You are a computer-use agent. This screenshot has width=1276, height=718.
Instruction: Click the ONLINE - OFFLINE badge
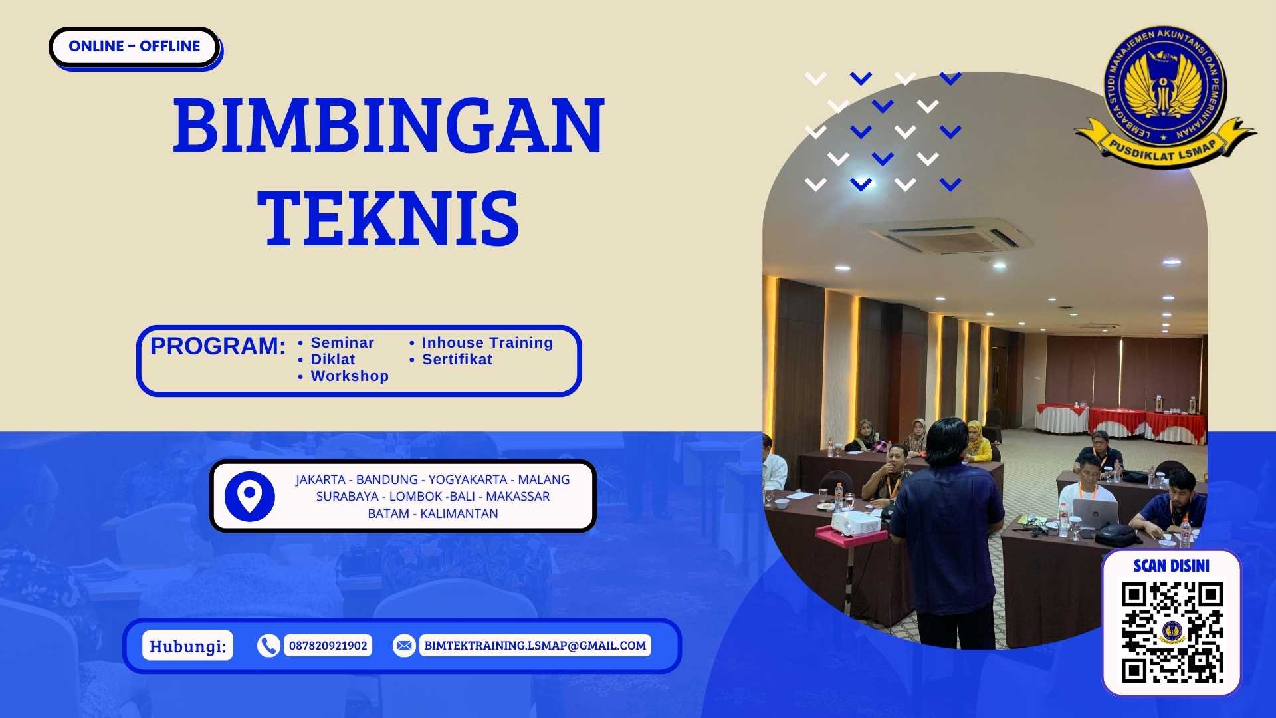click(x=134, y=47)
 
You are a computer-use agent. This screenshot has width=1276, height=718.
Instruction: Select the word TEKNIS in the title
click(x=389, y=218)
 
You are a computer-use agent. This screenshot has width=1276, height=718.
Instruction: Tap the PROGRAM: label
click(x=218, y=346)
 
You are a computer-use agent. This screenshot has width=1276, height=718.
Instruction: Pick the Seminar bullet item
click(x=342, y=343)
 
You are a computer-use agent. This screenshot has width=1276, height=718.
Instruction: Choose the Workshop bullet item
click(x=350, y=376)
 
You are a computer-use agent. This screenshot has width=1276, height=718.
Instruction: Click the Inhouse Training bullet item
click(x=487, y=343)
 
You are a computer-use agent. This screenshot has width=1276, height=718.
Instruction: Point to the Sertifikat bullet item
click(x=457, y=360)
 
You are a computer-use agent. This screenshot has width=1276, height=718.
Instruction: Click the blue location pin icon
click(x=249, y=496)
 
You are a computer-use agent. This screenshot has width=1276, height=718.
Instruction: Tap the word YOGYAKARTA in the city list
click(x=467, y=480)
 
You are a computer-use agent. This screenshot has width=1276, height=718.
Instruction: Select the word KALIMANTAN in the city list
click(x=459, y=514)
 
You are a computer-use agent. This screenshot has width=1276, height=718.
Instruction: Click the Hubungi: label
click(x=187, y=646)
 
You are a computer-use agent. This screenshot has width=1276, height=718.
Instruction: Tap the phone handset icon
click(x=268, y=646)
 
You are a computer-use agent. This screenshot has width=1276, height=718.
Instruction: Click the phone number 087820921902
click(x=328, y=646)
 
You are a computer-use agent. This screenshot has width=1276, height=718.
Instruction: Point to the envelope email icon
click(x=403, y=646)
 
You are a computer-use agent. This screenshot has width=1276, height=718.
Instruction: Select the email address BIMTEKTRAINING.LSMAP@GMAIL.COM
click(x=535, y=646)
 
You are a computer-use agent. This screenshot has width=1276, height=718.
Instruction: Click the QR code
click(x=1172, y=632)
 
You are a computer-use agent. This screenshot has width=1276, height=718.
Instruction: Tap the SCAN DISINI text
click(x=1171, y=566)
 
